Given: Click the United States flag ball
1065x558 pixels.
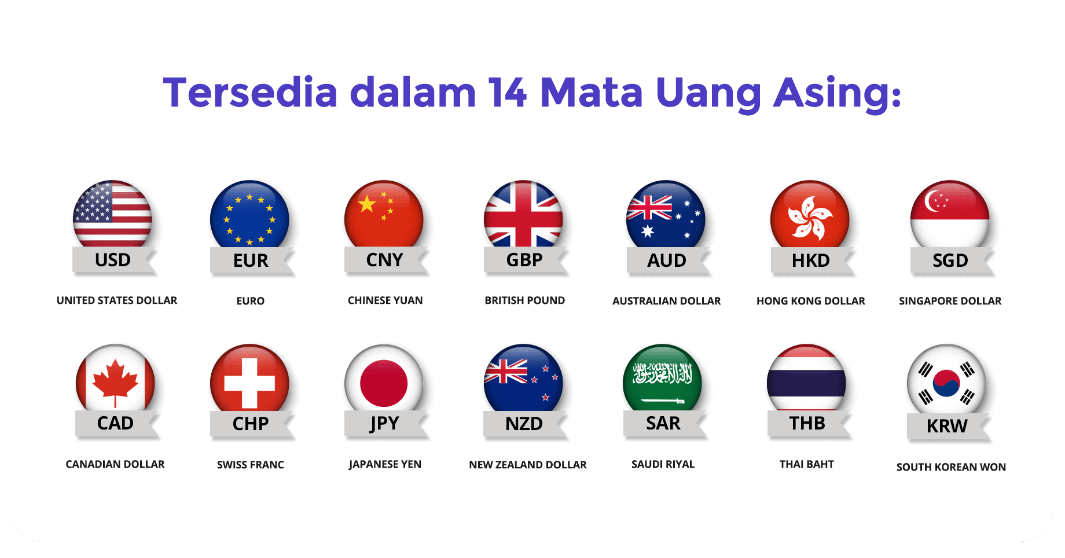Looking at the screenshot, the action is point(112,214).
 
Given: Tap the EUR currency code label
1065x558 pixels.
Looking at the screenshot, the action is point(251,260).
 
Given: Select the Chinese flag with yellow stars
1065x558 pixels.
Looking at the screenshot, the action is point(384,214).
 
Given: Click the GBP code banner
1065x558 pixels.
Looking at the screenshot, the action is point(524,260).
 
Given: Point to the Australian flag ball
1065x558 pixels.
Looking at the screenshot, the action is point(666,214).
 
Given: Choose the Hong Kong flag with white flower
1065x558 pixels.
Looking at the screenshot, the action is point(810,214).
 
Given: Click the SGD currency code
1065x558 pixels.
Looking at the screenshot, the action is point(950,260).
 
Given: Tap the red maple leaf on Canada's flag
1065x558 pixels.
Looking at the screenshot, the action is point(115,383).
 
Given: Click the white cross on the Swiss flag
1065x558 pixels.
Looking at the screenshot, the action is point(249,383).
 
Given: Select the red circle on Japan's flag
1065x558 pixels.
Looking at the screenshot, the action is point(384,383).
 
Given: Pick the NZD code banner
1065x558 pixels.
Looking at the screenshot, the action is point(524,424).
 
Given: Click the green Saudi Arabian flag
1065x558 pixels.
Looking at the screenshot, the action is point(662,378).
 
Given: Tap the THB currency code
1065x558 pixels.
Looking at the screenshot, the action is point(807,423).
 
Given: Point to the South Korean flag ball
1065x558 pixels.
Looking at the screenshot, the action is point(946,380).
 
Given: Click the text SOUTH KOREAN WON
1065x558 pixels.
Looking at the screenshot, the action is point(951,467).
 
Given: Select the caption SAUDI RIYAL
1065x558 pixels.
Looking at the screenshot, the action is point(663,464).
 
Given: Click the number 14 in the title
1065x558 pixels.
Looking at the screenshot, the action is point(507,93).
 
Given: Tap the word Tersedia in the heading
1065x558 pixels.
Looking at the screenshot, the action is point(250,93).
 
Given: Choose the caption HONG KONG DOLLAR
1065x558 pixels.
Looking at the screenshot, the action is point(810,301).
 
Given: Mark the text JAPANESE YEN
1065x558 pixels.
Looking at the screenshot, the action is point(385,464).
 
